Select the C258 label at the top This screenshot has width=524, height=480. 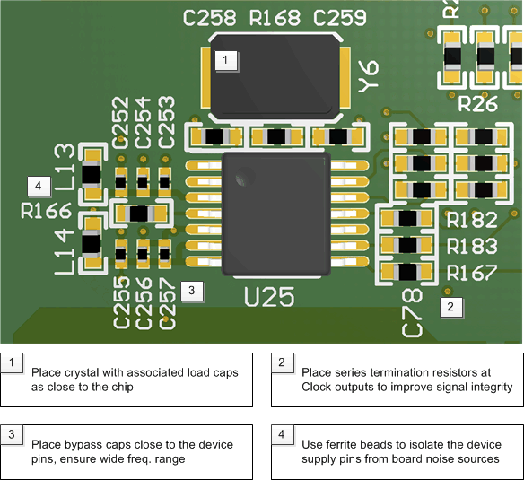pos(209,18)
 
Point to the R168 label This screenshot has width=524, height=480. pos(275,18)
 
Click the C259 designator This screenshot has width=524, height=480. pos(340,18)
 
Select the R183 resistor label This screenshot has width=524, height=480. pos(471,247)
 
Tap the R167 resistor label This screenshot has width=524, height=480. pos(471,273)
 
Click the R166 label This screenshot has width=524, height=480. pos(46,213)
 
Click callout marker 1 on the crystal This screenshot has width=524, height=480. pos(225,60)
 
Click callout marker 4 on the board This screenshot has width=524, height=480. pos(37,186)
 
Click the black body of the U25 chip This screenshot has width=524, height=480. pos(275,213)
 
